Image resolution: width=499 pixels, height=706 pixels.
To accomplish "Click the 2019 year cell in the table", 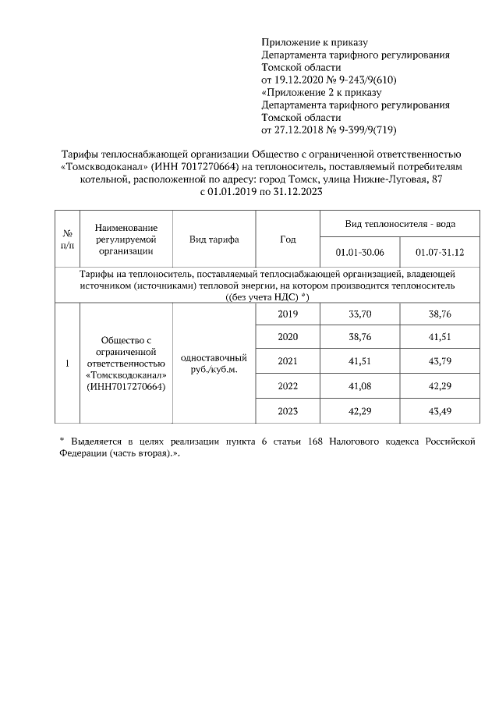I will pyautogui.click(x=288, y=314).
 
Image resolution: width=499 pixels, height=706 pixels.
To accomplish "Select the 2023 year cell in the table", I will pyautogui.click(x=288, y=411).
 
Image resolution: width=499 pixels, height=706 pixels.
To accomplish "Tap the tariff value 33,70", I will pyautogui.click(x=359, y=314).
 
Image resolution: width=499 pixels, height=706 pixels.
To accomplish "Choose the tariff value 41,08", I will pyautogui.click(x=359, y=387).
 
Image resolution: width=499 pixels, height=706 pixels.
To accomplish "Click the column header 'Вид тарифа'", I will pyautogui.click(x=214, y=239).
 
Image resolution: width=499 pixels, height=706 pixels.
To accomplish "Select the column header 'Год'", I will pyautogui.click(x=288, y=239).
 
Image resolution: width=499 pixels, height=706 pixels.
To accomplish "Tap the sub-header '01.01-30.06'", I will pyautogui.click(x=359, y=253).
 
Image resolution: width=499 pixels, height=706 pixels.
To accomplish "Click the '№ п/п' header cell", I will pyautogui.click(x=67, y=239).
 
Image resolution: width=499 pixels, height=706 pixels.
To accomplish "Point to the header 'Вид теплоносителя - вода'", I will pyautogui.click(x=400, y=224).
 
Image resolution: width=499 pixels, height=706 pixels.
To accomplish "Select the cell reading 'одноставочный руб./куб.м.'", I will pyautogui.click(x=214, y=363).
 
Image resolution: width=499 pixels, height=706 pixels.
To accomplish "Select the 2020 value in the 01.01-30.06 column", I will pyautogui.click(x=359, y=339).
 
